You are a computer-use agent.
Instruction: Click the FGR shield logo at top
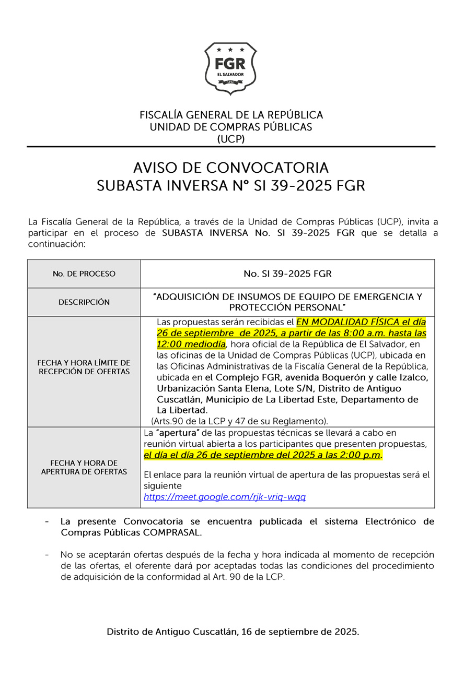coord(230,68)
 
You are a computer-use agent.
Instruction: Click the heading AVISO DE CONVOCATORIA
coord(230,168)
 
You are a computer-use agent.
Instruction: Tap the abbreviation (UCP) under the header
coord(230,139)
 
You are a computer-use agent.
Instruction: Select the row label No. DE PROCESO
coord(84,273)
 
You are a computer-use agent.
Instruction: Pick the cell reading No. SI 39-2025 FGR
coord(287,273)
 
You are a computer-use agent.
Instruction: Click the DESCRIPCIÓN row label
coord(84,302)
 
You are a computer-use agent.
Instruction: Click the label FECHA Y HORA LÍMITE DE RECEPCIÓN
coord(84,366)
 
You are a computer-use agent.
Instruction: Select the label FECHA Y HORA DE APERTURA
coord(84,467)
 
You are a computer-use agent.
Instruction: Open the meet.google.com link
coord(225,497)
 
